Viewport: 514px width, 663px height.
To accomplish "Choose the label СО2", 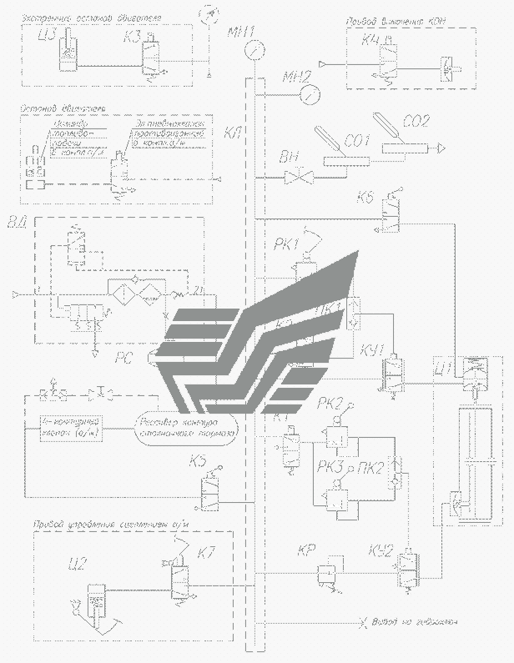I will tap(415, 122).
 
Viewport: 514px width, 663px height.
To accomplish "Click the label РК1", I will tap(286, 244).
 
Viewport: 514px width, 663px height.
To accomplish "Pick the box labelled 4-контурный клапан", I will tap(70, 429).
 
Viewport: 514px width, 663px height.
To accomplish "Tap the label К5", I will tap(199, 460).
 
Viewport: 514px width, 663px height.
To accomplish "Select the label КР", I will tap(306, 551).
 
